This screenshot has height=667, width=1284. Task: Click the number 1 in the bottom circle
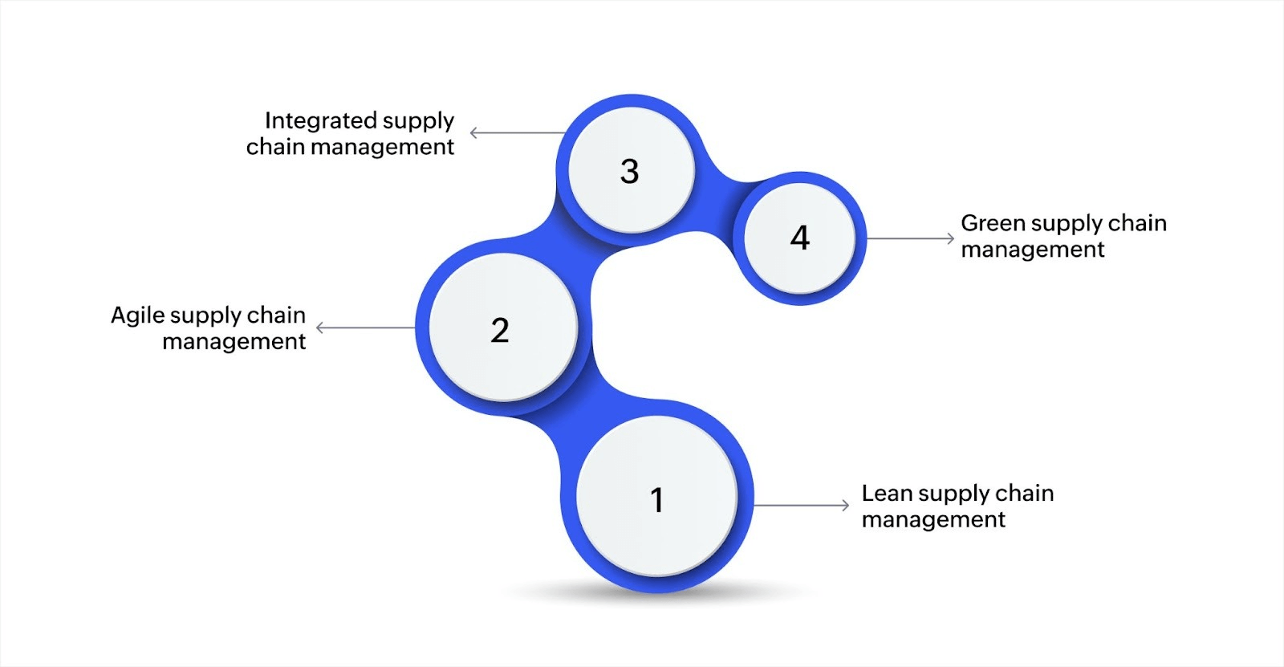pyautogui.click(x=656, y=500)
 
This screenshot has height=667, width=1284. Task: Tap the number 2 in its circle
pyautogui.click(x=500, y=330)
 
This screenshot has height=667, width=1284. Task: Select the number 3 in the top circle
pyautogui.click(x=630, y=171)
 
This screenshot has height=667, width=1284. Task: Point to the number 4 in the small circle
pyautogui.click(x=800, y=238)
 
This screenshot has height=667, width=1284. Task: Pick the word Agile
pyautogui.click(x=138, y=315)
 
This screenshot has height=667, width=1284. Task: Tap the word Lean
pyautogui.click(x=887, y=493)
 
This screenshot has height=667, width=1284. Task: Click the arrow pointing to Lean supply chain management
pyautogui.click(x=801, y=505)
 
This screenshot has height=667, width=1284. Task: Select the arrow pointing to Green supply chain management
pyautogui.click(x=910, y=238)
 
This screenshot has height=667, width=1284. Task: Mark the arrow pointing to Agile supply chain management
pyautogui.click(x=365, y=327)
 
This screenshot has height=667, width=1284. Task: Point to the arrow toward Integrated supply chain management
pyautogui.click(x=518, y=133)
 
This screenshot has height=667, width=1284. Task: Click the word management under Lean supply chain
pyautogui.click(x=933, y=519)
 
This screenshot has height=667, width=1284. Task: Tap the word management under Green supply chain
pyautogui.click(x=1033, y=250)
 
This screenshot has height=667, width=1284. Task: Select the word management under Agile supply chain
pyautogui.click(x=234, y=342)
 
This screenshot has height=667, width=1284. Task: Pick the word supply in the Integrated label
pyautogui.click(x=417, y=122)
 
